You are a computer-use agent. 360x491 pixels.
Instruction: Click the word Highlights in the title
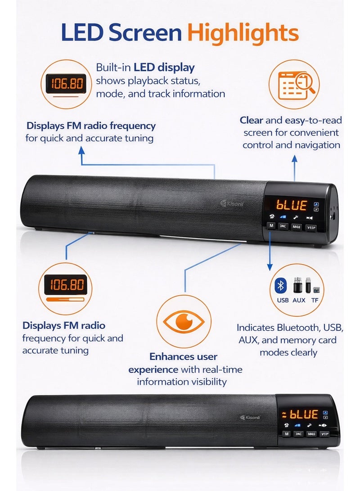coord(243,34)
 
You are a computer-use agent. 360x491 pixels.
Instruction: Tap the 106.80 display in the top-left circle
coord(67,84)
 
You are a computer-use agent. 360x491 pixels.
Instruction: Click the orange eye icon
coord(183,322)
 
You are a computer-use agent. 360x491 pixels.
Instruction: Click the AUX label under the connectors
coord(298,300)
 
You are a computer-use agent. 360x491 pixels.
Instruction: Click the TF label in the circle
coord(315,300)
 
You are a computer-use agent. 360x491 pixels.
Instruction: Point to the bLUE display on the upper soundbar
coord(292,205)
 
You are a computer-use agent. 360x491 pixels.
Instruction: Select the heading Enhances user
coord(183,357)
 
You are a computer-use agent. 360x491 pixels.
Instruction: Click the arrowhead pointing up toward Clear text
coord(294,158)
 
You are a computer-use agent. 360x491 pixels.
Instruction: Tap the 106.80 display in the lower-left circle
coord(67,285)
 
